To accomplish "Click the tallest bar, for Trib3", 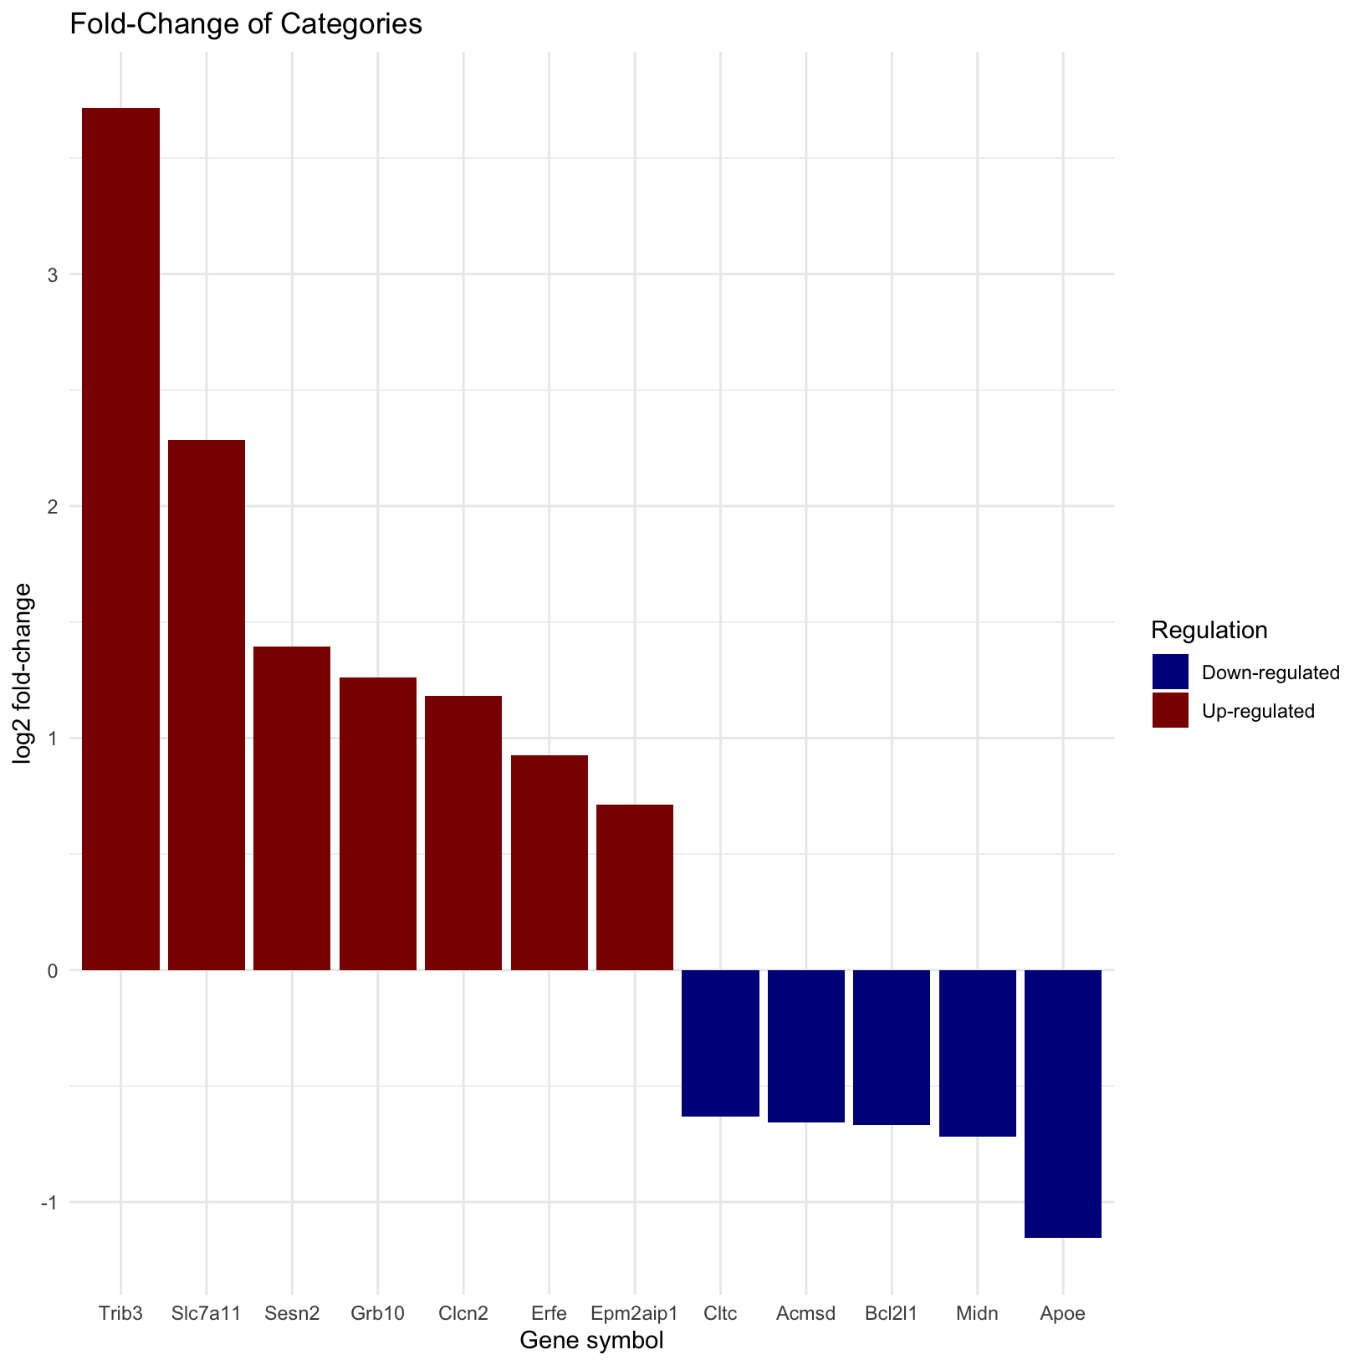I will [x=120, y=539].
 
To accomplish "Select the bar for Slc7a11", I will [x=207, y=704].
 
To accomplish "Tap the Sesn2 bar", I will [x=292, y=808].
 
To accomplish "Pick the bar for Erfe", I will [x=549, y=862].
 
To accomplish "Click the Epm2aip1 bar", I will [x=635, y=887].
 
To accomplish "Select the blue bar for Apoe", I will [x=1062, y=1103].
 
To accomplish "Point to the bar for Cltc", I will [x=720, y=1043].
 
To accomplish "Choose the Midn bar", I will [x=977, y=1053].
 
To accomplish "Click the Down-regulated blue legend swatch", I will [x=1170, y=672].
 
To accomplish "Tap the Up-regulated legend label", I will [x=1258, y=711].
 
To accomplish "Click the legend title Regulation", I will [x=1209, y=630].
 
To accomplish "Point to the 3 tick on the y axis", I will [x=52, y=274].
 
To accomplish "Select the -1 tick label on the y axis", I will [x=48, y=1202].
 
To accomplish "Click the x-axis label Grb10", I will [x=377, y=1313].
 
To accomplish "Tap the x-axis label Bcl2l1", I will [x=891, y=1313].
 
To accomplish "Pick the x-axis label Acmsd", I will [x=805, y=1313].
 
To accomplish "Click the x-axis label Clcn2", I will [x=463, y=1313].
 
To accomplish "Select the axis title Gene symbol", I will [x=591, y=1341].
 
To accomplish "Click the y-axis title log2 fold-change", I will [x=23, y=673].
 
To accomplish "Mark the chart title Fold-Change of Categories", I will [x=246, y=24].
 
